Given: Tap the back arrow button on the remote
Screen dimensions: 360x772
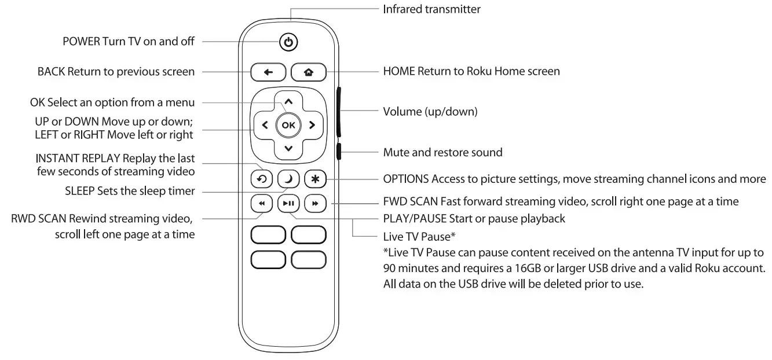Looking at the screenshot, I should (x=268, y=72).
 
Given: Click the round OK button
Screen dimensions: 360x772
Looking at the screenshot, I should (x=288, y=124).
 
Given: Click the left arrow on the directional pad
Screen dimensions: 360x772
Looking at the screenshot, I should (x=265, y=124).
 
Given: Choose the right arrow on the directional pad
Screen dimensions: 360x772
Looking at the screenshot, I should (x=312, y=124).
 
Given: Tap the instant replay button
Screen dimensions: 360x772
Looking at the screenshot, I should (x=262, y=179).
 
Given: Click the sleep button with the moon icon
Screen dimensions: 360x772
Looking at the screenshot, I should (x=288, y=179).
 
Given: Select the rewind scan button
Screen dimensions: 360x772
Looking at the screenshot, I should (x=262, y=203).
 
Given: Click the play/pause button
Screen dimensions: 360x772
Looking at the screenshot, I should (x=288, y=203).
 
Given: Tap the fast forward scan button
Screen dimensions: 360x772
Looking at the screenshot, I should (x=315, y=203).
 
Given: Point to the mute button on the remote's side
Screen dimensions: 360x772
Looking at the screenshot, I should (x=338, y=152).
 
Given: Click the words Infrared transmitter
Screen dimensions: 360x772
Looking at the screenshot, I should (x=431, y=9).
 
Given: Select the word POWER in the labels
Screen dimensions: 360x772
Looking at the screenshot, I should (x=81, y=42).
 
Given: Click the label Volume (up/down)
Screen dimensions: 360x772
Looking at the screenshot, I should (x=430, y=111).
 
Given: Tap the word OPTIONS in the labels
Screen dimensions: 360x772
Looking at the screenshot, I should (x=405, y=179).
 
